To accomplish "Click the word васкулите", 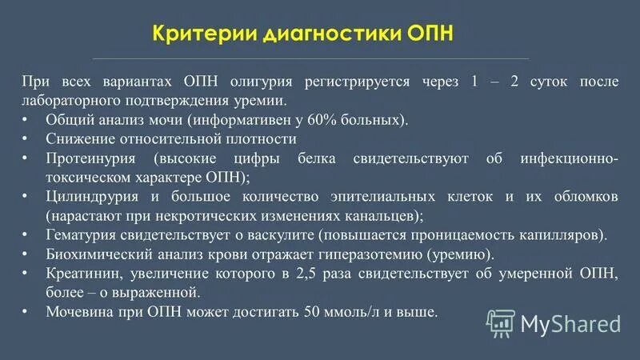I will [x=300, y=235].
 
